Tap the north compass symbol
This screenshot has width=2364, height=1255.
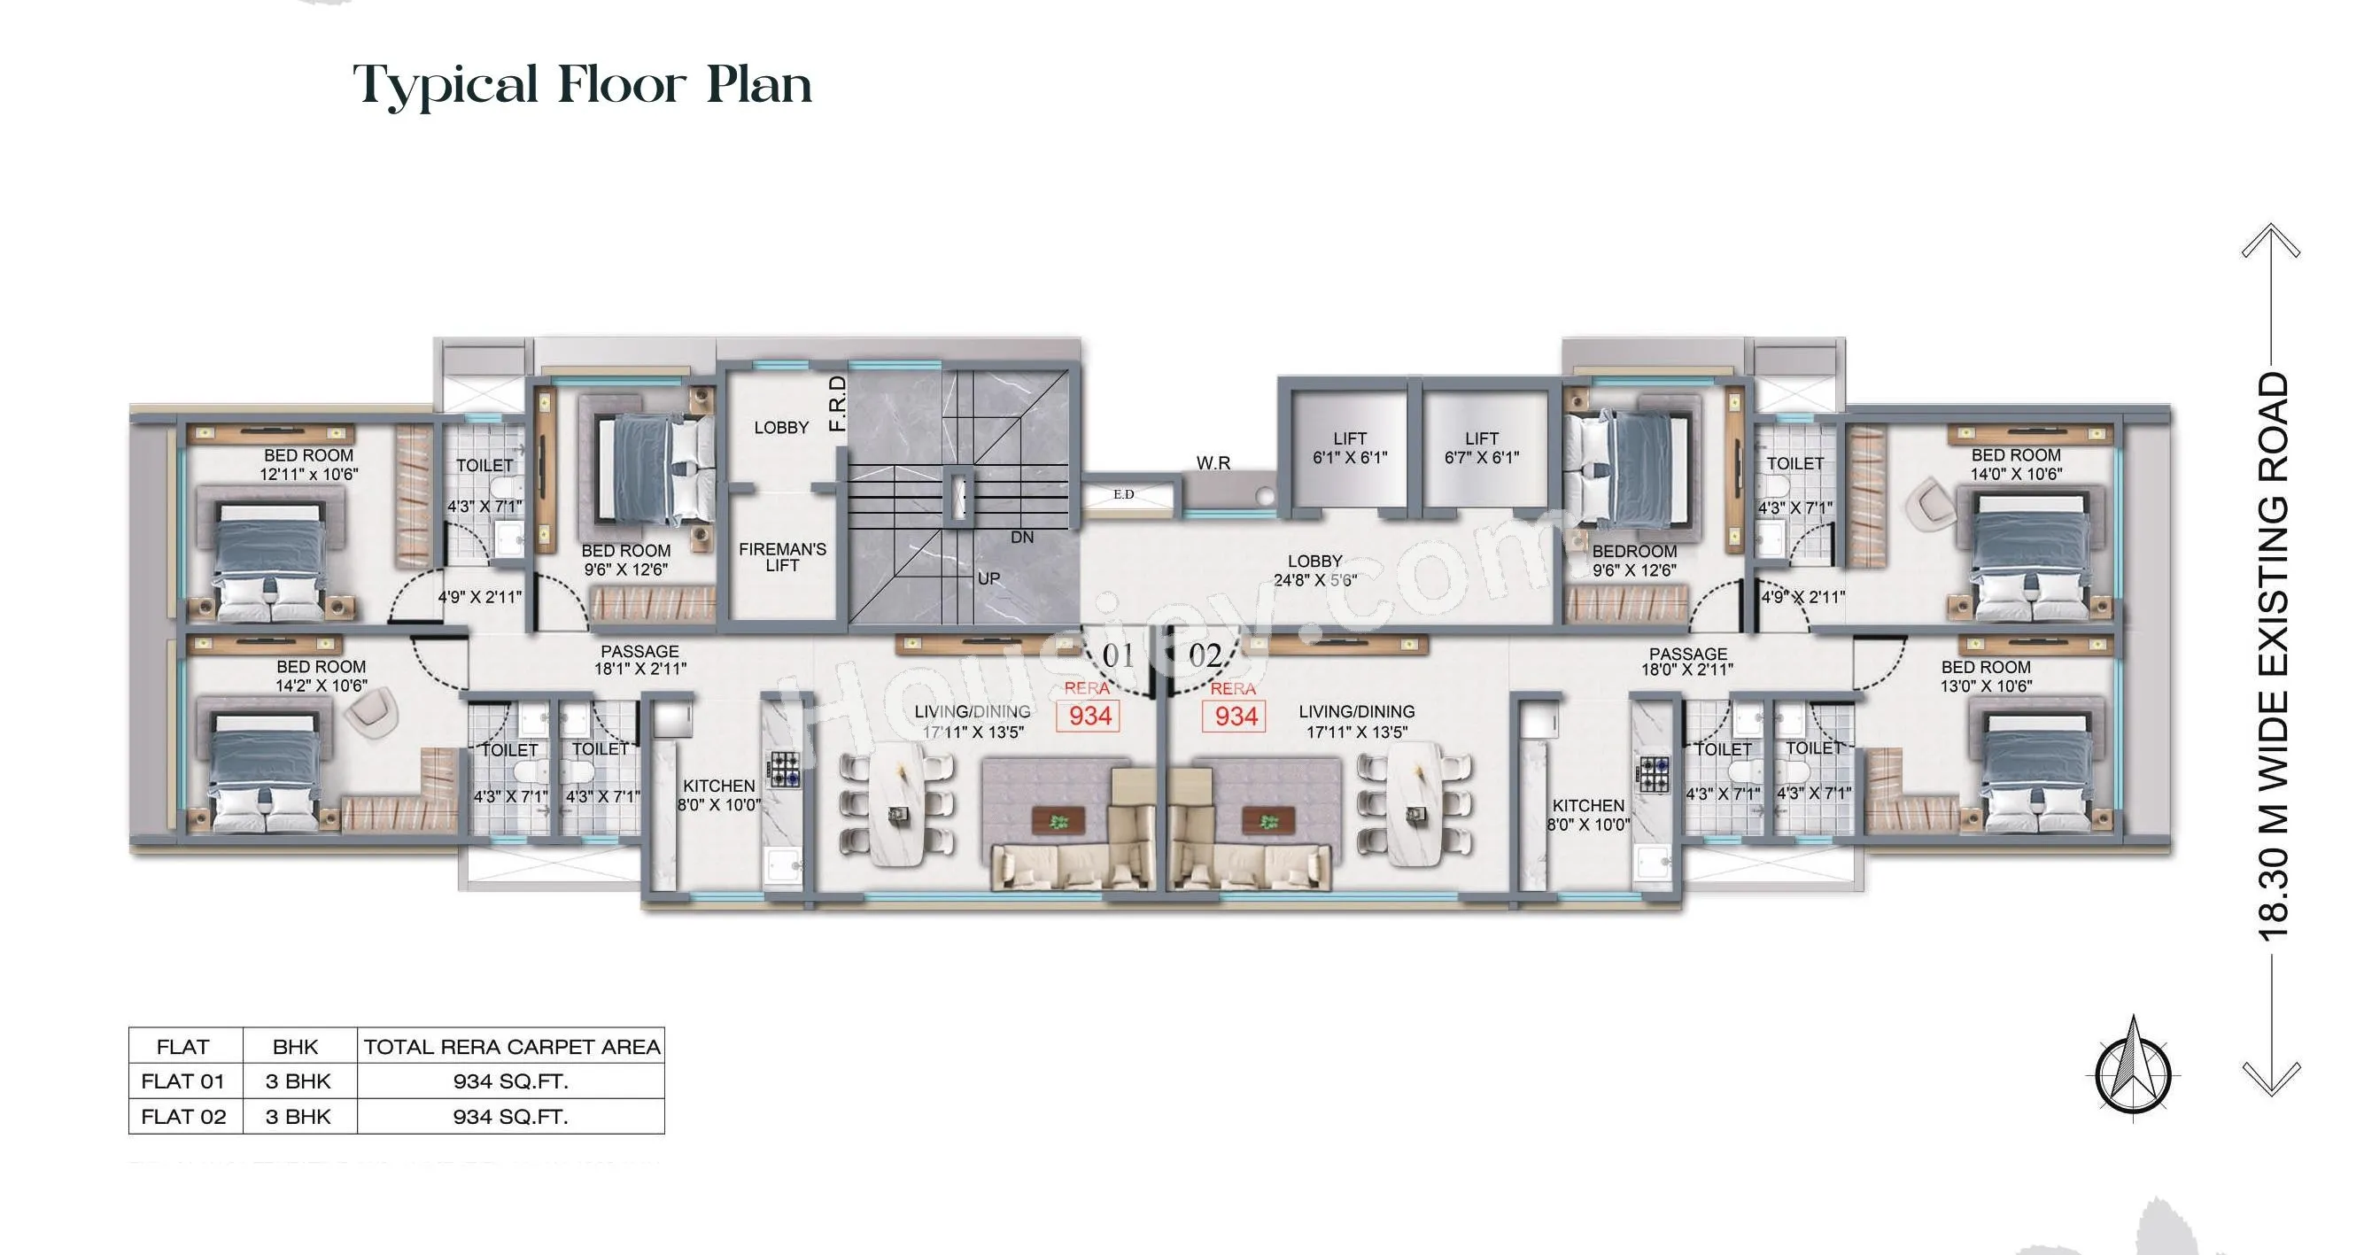(2134, 1067)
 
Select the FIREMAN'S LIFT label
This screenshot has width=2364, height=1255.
(782, 557)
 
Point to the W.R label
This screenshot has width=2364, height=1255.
(1213, 463)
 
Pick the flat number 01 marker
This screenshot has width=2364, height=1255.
(1118, 656)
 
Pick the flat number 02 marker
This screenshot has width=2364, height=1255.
(1205, 656)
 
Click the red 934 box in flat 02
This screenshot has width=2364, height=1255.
(1236, 717)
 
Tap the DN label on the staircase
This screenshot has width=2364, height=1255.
(1022, 538)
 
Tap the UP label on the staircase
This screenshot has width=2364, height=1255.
(988, 579)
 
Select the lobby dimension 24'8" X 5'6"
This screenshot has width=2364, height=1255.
(1315, 581)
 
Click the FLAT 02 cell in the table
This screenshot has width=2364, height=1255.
(183, 1117)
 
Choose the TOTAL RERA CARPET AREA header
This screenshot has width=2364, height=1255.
(511, 1047)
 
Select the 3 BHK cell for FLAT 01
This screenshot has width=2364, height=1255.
(298, 1081)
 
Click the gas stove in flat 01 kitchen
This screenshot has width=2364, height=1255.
(786, 770)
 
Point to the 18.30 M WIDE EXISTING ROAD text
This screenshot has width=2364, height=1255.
(2273, 657)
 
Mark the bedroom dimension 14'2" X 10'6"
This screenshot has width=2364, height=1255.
(322, 686)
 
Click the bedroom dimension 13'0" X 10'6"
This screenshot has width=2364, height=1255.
(1986, 686)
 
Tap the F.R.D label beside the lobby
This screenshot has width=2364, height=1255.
(837, 404)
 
